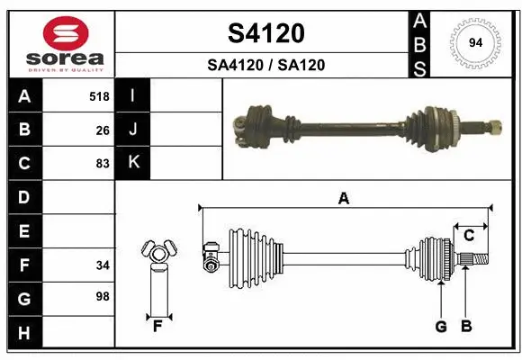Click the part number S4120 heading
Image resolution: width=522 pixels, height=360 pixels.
(x=265, y=33)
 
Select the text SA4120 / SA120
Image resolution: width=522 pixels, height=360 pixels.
(x=265, y=65)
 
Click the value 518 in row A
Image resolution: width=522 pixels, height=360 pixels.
(x=99, y=96)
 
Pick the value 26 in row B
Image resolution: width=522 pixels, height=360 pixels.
(x=103, y=130)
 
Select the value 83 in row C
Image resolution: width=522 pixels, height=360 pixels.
(x=102, y=164)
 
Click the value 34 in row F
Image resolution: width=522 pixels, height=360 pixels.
(x=102, y=265)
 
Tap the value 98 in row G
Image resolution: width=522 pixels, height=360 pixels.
(x=102, y=296)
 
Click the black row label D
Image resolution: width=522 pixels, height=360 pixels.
(x=24, y=196)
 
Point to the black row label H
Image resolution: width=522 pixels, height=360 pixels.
(x=24, y=333)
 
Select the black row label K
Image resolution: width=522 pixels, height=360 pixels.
(x=133, y=162)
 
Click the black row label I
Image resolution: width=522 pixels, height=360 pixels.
(x=133, y=95)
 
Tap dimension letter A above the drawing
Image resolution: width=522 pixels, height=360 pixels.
(x=343, y=199)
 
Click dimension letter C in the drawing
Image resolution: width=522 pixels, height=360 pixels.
(x=469, y=235)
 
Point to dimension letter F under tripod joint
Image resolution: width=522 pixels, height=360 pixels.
(x=157, y=326)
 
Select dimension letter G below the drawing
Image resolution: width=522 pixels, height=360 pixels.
(x=441, y=327)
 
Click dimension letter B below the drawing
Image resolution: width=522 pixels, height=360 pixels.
(x=465, y=327)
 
